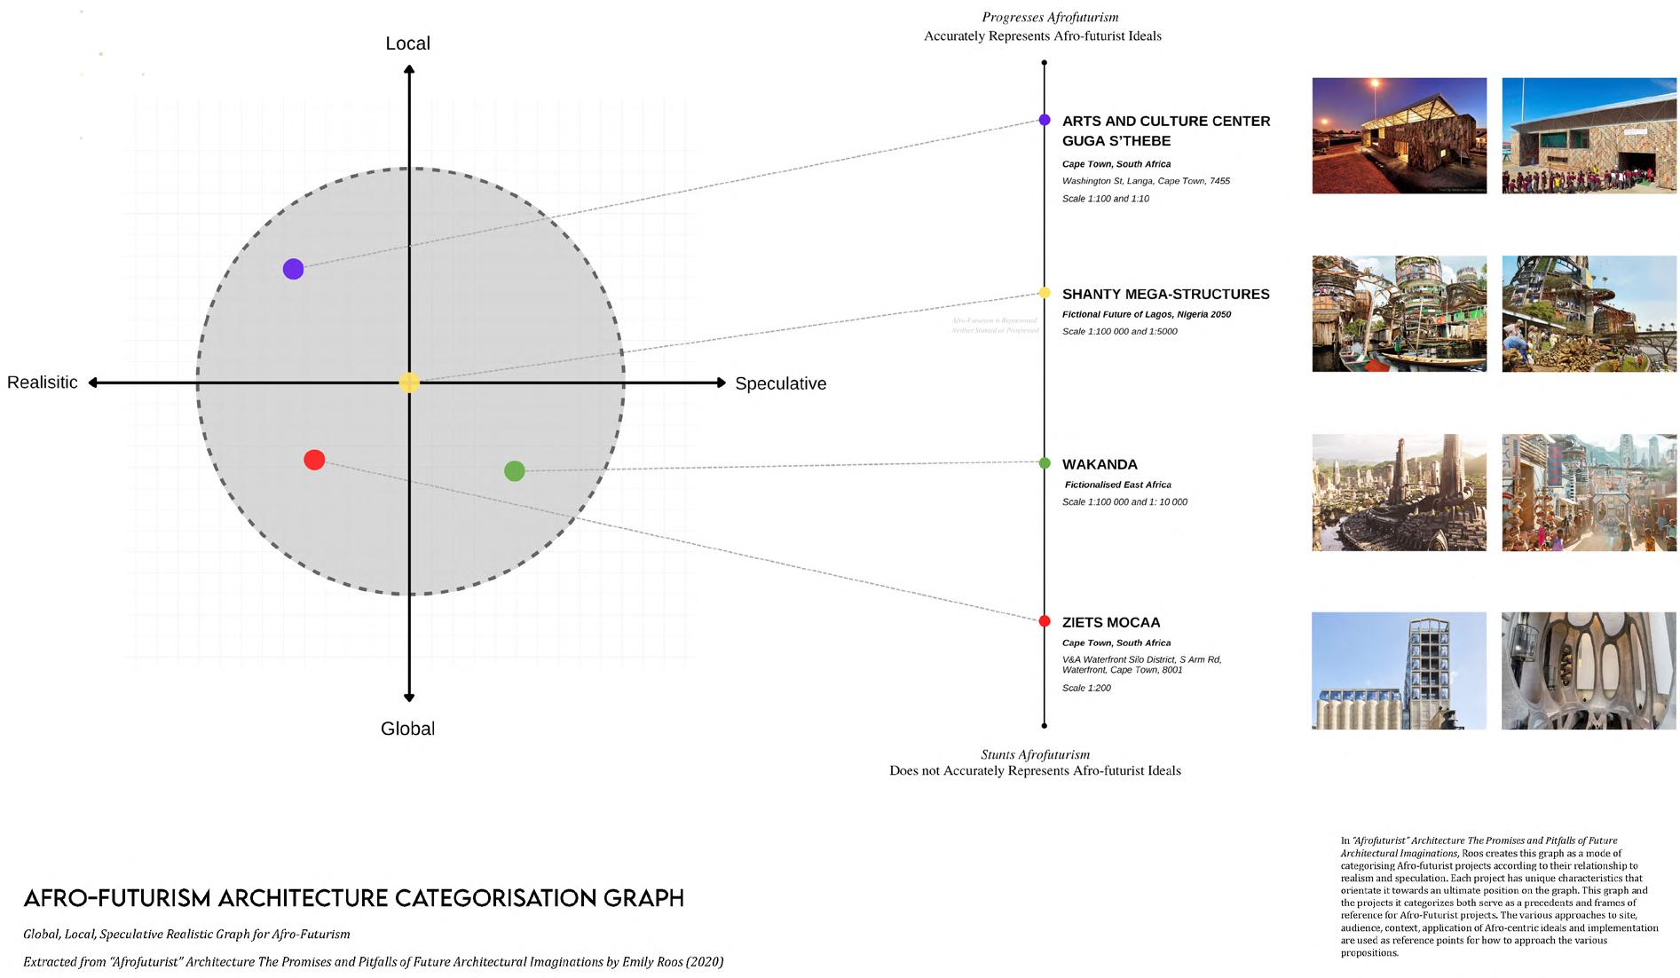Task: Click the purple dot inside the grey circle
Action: pos(293,269)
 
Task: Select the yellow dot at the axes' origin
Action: pos(409,383)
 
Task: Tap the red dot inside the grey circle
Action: pos(314,460)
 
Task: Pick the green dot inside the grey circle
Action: pos(514,471)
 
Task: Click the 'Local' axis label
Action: pos(407,43)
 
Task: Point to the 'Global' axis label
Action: pos(407,729)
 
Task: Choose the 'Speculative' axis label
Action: pos(780,383)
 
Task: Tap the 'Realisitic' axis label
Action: pos(43,383)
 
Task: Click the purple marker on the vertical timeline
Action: pos(1045,120)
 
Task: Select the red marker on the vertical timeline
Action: pos(1045,621)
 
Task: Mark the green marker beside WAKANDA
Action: pos(1045,463)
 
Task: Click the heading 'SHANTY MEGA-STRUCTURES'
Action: pos(1165,295)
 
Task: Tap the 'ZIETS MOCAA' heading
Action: pos(1110,623)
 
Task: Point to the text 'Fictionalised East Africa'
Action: pos(1117,485)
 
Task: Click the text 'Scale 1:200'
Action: pos(1086,688)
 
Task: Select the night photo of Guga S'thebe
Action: pos(1399,136)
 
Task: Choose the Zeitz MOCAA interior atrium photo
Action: pos(1589,671)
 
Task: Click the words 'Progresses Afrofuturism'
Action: pos(1050,17)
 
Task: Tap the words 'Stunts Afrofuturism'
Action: pos(1035,754)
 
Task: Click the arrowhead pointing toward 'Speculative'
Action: pos(720,383)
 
